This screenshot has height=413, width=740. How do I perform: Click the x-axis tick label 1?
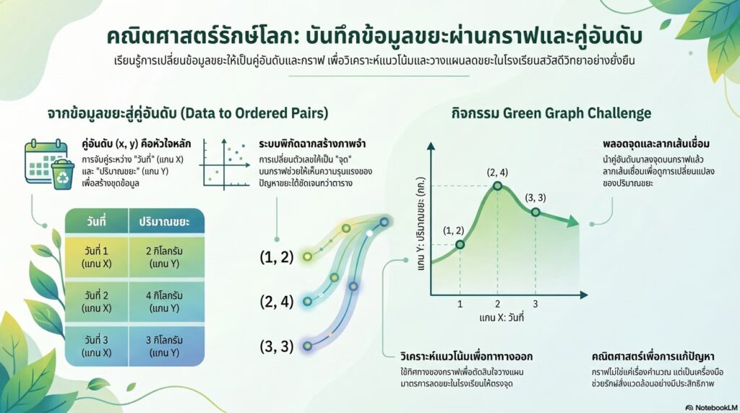(x=460, y=304)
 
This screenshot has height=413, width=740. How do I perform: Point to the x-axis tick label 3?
(x=535, y=304)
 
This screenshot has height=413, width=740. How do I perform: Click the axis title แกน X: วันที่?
(x=502, y=317)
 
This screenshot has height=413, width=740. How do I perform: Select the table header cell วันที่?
(x=97, y=221)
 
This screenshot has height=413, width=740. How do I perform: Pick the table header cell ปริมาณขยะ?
(x=164, y=222)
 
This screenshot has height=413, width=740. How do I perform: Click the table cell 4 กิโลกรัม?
(x=164, y=302)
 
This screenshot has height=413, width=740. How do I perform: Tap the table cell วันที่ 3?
(x=97, y=346)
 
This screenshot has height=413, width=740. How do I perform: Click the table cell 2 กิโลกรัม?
(x=164, y=257)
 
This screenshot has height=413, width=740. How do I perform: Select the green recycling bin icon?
(x=63, y=175)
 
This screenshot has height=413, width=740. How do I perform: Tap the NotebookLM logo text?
(x=711, y=407)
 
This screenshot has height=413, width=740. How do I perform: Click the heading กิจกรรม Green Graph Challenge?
(x=551, y=113)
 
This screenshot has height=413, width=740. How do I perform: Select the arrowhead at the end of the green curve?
(x=572, y=221)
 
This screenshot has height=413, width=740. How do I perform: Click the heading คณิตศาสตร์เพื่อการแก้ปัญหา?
(x=653, y=356)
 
